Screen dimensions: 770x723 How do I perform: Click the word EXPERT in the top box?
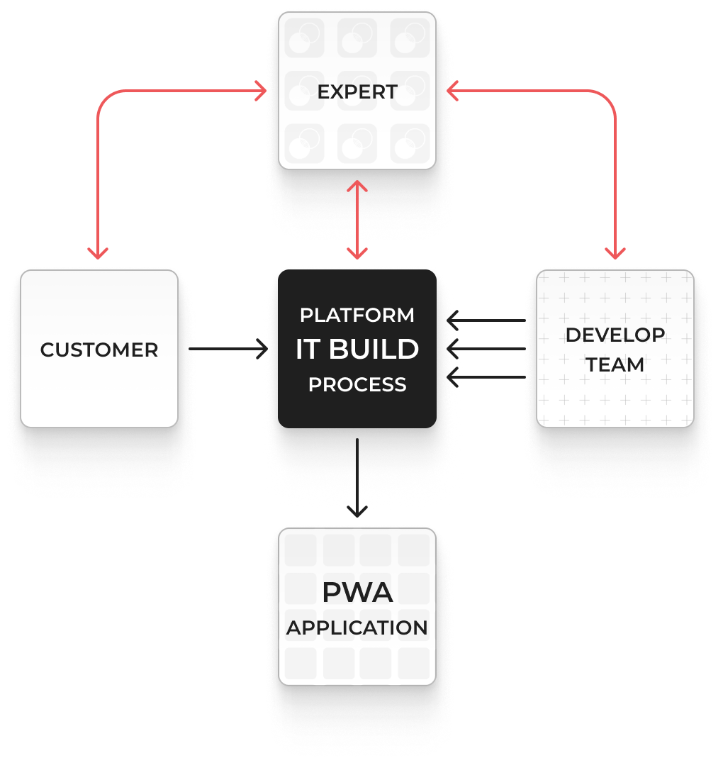click(x=357, y=92)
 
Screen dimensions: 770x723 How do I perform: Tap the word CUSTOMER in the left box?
click(x=99, y=350)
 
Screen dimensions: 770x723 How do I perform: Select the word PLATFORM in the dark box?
click(x=357, y=315)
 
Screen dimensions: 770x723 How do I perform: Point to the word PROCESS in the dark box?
click(x=357, y=385)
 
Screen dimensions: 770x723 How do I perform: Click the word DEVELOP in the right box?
click(x=615, y=335)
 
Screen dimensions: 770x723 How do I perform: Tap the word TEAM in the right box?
click(x=615, y=365)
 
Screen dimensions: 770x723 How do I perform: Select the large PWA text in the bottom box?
click(x=357, y=592)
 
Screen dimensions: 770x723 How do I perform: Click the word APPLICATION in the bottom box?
click(x=357, y=628)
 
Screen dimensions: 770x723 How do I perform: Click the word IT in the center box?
click(x=307, y=350)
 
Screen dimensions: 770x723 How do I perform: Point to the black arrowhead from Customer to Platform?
click(x=262, y=350)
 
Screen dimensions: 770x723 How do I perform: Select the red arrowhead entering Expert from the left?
click(x=261, y=91)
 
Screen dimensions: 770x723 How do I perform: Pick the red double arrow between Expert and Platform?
click(x=357, y=220)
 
